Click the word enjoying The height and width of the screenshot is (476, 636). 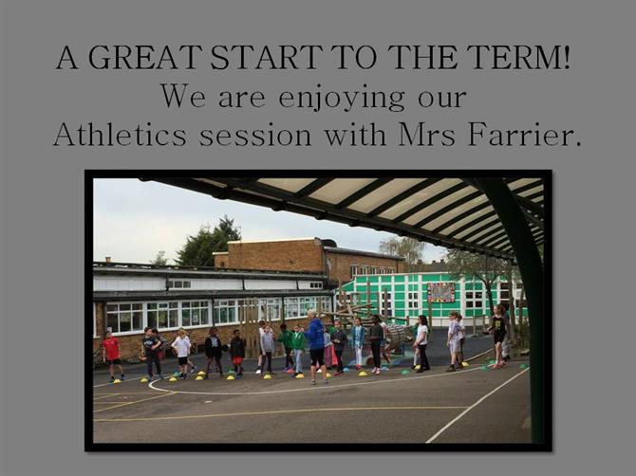point(342,98)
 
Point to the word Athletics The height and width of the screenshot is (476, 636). point(120,134)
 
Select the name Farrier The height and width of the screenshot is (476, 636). point(524,134)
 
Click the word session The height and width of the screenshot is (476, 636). point(255,136)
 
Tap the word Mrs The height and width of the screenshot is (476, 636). point(427,134)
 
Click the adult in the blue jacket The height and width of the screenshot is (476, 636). point(315,347)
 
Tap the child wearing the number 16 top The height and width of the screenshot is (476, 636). point(213,352)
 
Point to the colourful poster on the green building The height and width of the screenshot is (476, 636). point(441,292)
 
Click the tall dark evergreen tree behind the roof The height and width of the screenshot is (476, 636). point(208,243)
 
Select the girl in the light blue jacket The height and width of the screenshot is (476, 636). point(359,343)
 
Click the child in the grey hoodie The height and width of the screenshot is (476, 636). point(267,349)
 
